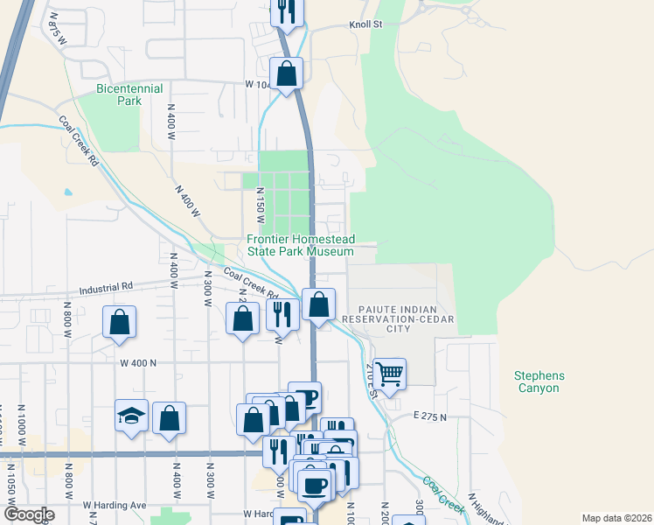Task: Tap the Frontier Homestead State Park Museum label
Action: [x=300, y=246]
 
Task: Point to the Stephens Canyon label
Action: [x=539, y=382]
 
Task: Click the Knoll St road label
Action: [x=366, y=25]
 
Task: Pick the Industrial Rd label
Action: [x=105, y=287]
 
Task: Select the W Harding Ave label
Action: [x=115, y=505]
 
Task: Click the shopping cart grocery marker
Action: [x=389, y=373]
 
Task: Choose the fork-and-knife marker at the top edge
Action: [x=286, y=10]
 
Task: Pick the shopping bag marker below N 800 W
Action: [x=119, y=321]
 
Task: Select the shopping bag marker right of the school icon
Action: [x=169, y=417]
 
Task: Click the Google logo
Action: [x=29, y=514]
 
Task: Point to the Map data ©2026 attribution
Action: [x=616, y=518]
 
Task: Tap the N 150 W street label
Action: [x=260, y=205]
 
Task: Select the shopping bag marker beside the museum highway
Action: [x=320, y=304]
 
